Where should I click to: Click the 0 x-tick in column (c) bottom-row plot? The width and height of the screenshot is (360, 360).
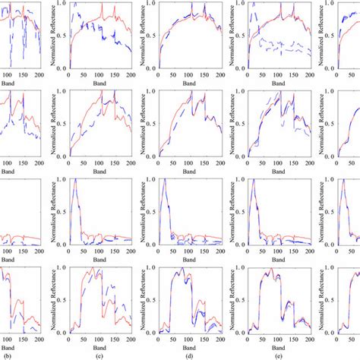tap(68, 335)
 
